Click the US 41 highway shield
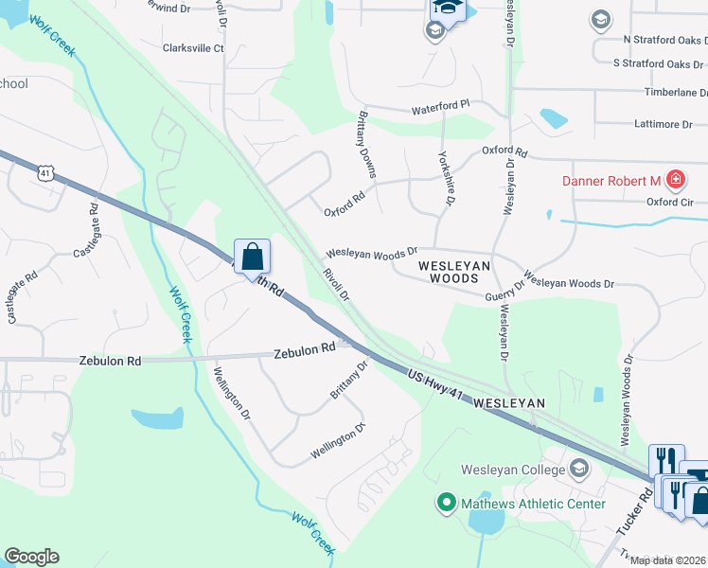coord(45,172)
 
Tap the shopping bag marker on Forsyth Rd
coord(252,257)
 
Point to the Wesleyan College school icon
coord(579,469)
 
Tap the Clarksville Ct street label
coord(193,48)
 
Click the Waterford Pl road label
coord(440,108)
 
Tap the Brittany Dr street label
coord(347,380)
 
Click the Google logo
coord(31,557)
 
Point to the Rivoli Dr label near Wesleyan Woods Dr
coord(336,283)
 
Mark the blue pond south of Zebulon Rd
coord(158,417)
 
